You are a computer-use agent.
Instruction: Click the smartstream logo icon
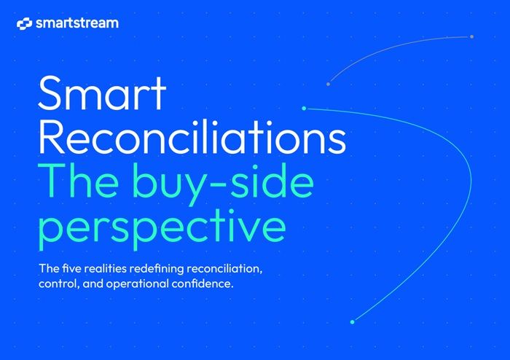pyautogui.click(x=24, y=24)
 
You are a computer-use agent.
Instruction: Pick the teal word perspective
pyautogui.click(x=162, y=227)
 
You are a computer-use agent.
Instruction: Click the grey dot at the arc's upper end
pyautogui.click(x=471, y=36)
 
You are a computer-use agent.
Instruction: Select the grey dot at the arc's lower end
pyautogui.click(x=329, y=84)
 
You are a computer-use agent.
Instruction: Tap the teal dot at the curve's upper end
pyautogui.click(x=304, y=109)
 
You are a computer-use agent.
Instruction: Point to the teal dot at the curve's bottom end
pyautogui.click(x=353, y=321)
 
